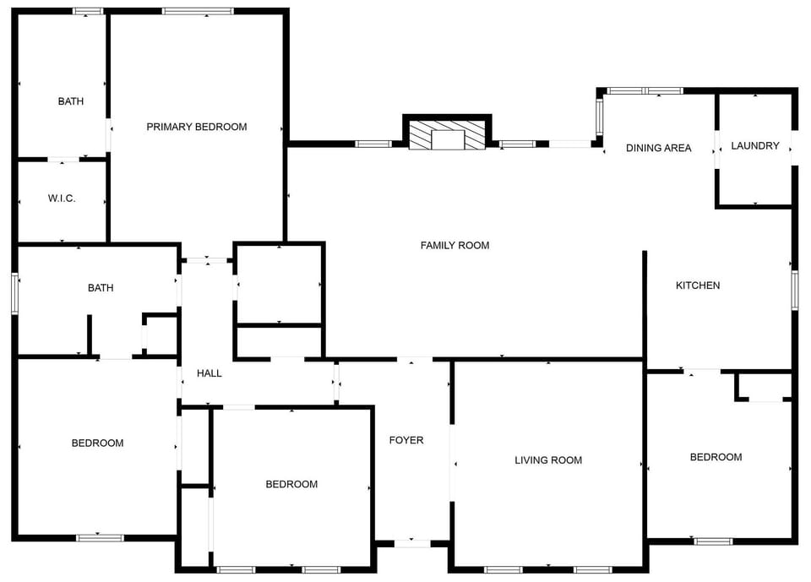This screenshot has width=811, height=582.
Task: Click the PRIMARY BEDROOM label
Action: coord(197,127)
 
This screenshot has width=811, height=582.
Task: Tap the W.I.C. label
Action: coord(62,199)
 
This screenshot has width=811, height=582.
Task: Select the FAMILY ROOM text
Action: coord(454,245)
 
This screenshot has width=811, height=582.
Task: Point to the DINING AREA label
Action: coord(658,148)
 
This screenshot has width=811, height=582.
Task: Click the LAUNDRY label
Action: coord(754,146)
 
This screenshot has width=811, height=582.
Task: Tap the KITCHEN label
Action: coord(698,285)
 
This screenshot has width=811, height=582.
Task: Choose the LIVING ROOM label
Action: coord(548,460)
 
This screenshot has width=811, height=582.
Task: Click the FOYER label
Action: coord(406,440)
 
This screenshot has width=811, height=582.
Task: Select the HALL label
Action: coord(209,373)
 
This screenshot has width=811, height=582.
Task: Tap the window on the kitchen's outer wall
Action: coord(795,290)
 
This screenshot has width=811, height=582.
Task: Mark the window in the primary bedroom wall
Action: coord(198,11)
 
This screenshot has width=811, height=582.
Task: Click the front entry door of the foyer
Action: coord(412,543)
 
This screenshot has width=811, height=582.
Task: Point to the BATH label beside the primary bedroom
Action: coord(71,101)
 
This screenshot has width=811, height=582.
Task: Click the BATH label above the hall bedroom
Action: coord(101,288)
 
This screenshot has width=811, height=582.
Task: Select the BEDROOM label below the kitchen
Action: coord(716,457)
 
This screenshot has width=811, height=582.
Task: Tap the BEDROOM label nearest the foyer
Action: coord(291,484)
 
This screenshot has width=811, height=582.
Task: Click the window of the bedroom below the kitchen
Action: coord(713,541)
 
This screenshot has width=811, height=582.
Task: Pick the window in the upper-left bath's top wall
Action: coord(87,11)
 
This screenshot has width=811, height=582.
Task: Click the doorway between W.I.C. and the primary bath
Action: coord(63,160)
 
